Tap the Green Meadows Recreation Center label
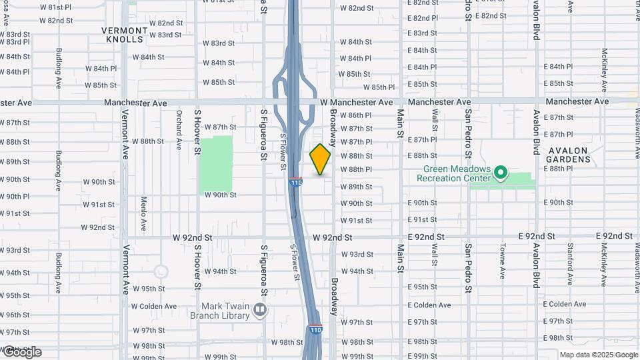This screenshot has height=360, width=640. tap(453, 174)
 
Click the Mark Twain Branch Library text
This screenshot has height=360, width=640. tap(221, 311)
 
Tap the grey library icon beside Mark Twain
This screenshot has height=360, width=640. tap(260, 309)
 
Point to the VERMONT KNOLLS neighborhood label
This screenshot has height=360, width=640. tap(124, 35)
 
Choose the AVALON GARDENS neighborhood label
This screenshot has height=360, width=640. tap(568, 155)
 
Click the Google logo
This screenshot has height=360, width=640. tap(21, 352)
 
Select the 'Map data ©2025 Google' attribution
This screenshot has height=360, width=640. tap(599, 355)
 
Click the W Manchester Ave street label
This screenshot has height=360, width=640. tap(356, 103)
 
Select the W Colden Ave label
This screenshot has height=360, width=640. tap(153, 307)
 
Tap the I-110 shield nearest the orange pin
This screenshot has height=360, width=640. tap(297, 181)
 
